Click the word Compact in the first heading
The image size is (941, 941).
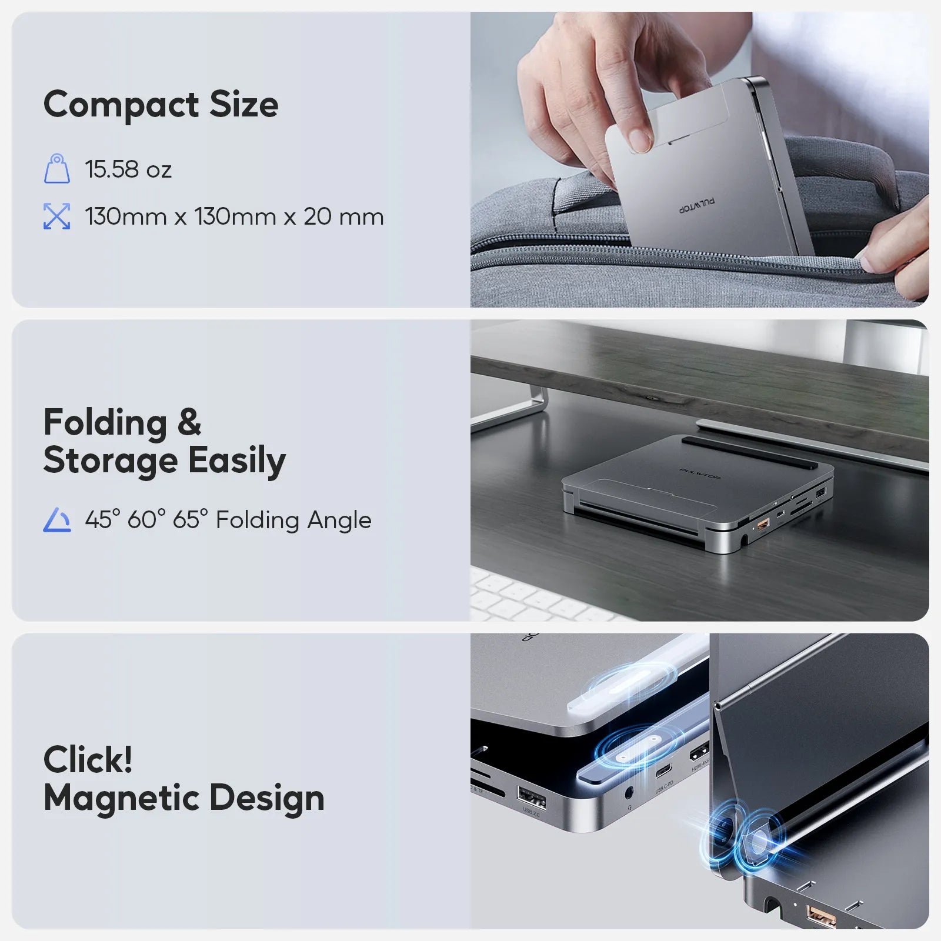[121, 105]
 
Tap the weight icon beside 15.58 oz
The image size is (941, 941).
[57, 169]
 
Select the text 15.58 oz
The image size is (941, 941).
[128, 169]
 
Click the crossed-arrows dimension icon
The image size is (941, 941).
[57, 216]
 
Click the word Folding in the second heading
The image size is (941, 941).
[105, 423]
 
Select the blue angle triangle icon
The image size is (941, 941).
[57, 520]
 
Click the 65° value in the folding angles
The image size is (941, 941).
[190, 520]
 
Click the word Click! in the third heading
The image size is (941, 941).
[88, 759]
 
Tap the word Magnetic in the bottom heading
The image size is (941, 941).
[122, 798]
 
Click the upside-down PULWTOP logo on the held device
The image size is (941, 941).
[698, 205]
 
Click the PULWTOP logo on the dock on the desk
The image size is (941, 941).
[699, 473]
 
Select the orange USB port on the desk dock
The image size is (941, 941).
[762, 523]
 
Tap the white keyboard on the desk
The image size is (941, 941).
[529, 597]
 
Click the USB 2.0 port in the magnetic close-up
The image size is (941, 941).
[530, 799]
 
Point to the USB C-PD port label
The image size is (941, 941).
[664, 786]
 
